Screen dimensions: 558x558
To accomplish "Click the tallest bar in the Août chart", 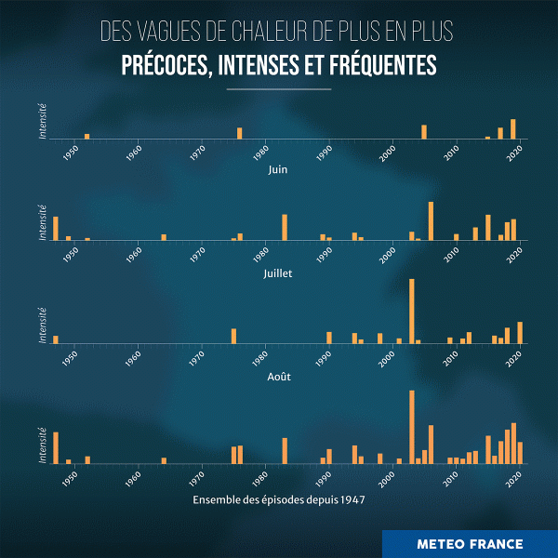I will tap(411, 312).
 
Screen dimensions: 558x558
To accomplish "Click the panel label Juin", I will tap(278, 170).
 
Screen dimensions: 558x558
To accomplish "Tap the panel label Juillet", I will tap(278, 273).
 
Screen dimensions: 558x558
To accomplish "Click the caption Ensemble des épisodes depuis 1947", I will tap(278, 499).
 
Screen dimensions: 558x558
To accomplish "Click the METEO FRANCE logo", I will tap(470, 544).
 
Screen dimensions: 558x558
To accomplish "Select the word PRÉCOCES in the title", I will tap(165, 67).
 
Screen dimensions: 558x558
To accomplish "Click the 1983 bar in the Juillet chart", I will tap(285, 227).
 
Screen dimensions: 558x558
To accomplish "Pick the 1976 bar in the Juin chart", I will tap(239, 133).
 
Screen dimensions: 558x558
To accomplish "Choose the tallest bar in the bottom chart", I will tap(411, 427).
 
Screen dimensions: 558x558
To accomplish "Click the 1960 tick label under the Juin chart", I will tap(136, 152).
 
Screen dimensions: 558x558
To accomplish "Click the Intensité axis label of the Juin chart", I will tap(43, 121).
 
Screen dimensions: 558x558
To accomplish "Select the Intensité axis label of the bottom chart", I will tap(43, 445).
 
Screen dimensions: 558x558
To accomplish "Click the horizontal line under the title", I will tap(278, 89).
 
